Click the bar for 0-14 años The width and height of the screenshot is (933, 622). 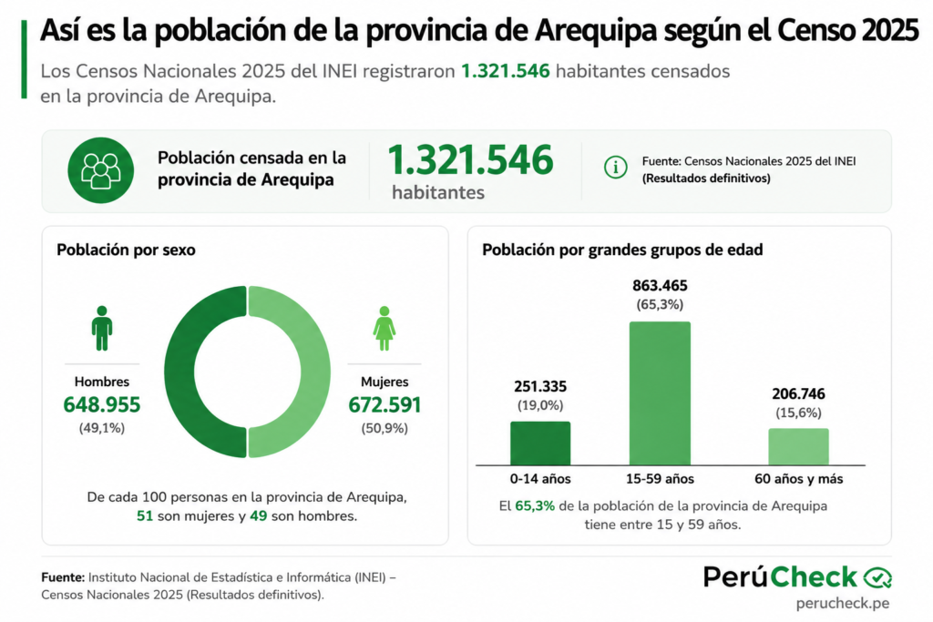[540, 443]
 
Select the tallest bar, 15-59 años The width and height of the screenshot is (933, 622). [660, 393]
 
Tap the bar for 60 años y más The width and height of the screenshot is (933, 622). [798, 446]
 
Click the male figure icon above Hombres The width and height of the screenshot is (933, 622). [102, 328]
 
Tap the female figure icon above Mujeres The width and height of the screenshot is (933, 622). [384, 328]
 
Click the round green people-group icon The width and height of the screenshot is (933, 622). [100, 170]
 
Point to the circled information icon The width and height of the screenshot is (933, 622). [615, 167]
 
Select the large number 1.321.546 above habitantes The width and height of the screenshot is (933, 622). [471, 160]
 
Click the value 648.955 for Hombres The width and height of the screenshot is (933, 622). [102, 405]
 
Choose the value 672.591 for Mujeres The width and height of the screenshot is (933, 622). [384, 405]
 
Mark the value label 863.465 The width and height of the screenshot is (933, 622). [660, 285]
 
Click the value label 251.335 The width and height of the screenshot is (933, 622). [540, 386]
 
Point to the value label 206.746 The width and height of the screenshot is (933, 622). [798, 393]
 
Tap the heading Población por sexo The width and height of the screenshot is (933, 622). [126, 250]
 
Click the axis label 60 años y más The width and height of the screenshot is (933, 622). [798, 479]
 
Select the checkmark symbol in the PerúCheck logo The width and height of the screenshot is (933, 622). [877, 577]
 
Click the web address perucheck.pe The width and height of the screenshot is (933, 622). [843, 603]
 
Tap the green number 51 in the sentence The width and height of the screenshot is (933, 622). [145, 516]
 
